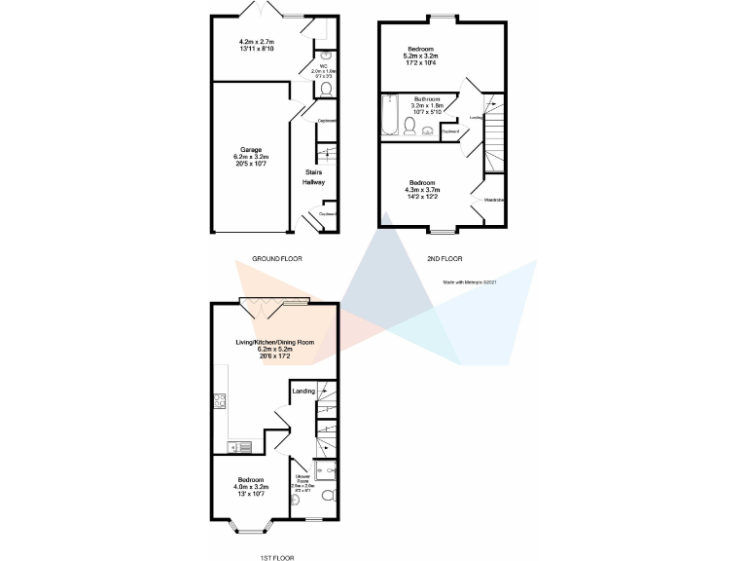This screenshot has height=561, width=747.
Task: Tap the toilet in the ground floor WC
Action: [327, 90]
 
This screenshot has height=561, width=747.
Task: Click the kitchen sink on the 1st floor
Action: [239, 447]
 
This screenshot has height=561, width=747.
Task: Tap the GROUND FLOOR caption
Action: [277, 260]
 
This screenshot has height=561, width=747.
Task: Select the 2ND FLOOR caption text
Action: [445, 260]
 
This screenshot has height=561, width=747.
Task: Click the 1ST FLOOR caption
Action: [275, 557]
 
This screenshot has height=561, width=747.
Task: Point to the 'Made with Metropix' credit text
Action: [469, 283]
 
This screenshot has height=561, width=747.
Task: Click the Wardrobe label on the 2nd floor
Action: [494, 201]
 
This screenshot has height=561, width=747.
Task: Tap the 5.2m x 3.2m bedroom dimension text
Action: [421, 56]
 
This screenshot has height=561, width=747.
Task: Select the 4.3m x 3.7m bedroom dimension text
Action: [421, 190]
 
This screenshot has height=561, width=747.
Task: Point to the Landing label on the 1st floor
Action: [303, 391]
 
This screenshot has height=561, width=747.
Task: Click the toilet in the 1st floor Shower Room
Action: [328, 497]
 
